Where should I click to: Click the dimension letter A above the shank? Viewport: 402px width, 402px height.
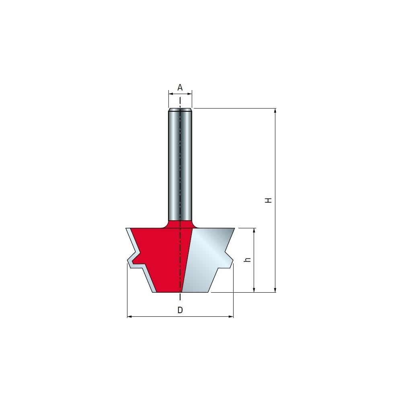coord(180,87)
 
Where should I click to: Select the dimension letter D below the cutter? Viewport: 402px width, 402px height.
coord(180,310)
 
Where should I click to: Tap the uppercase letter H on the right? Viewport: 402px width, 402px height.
coord(268,200)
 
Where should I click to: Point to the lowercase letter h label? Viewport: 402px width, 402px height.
coord(247,260)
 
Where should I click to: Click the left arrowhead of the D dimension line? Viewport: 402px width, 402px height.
coord(129,317)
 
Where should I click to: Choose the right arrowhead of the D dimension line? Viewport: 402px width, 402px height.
coord(231,317)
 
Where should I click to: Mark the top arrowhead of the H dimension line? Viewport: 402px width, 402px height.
coord(275,111)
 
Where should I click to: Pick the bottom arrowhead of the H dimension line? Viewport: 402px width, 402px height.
coord(275,290)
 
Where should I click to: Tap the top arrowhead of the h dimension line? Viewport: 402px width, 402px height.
coord(254,230)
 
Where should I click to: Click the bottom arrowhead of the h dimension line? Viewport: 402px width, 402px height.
coord(254,290)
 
